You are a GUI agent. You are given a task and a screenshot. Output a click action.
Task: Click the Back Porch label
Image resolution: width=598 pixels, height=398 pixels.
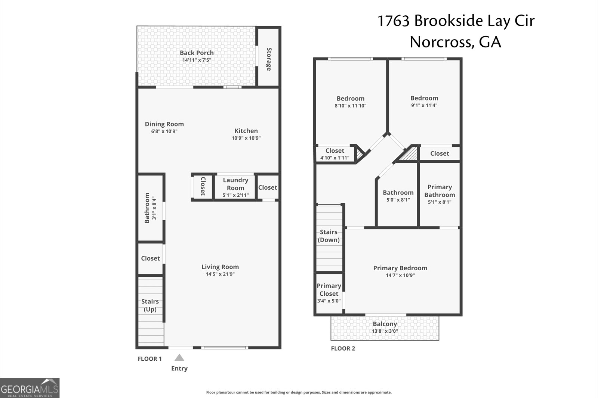click(x=197, y=53)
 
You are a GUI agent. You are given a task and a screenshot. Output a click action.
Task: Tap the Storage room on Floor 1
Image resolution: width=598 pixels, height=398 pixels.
click(x=269, y=59)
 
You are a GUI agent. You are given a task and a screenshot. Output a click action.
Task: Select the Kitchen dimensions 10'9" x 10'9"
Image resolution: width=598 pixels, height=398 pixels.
click(x=246, y=138)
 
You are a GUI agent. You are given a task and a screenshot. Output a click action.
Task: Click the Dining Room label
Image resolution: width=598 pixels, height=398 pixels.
click(x=164, y=124)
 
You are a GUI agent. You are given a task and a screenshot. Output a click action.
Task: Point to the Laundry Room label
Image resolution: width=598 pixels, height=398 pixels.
click(x=235, y=184)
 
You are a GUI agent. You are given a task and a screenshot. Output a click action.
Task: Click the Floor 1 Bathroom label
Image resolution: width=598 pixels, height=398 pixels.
click(x=147, y=208)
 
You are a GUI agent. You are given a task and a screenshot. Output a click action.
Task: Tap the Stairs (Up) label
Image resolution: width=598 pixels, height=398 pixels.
click(x=150, y=305)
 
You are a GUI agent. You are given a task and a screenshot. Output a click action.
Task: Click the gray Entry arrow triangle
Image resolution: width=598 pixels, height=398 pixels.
click(x=179, y=358)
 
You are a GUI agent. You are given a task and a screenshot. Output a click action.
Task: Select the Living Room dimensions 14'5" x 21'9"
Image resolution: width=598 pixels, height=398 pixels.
click(x=220, y=274)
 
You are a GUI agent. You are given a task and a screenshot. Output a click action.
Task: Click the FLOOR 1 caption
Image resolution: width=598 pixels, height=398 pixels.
click(x=149, y=359)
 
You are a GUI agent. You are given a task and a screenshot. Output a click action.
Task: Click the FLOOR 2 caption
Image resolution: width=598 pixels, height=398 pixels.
click(x=343, y=349)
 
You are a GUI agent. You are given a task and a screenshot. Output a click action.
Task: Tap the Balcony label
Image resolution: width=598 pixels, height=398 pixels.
click(x=385, y=324)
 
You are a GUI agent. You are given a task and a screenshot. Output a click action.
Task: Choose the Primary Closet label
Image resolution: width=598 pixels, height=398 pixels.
click(x=329, y=290)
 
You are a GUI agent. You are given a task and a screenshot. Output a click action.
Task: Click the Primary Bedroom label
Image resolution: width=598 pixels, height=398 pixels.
click(x=400, y=268)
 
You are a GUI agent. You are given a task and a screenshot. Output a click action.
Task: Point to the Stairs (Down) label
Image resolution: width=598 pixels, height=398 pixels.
click(x=329, y=236)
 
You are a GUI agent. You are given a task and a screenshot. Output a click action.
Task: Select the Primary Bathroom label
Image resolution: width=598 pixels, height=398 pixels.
click(x=440, y=191)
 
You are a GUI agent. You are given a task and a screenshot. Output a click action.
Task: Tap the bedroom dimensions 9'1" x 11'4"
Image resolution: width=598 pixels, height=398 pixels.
click(x=424, y=105)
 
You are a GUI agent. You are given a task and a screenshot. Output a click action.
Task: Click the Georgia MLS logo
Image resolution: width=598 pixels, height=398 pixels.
click(x=30, y=388)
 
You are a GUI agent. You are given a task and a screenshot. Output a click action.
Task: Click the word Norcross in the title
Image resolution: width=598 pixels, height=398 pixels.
click(x=439, y=42)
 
